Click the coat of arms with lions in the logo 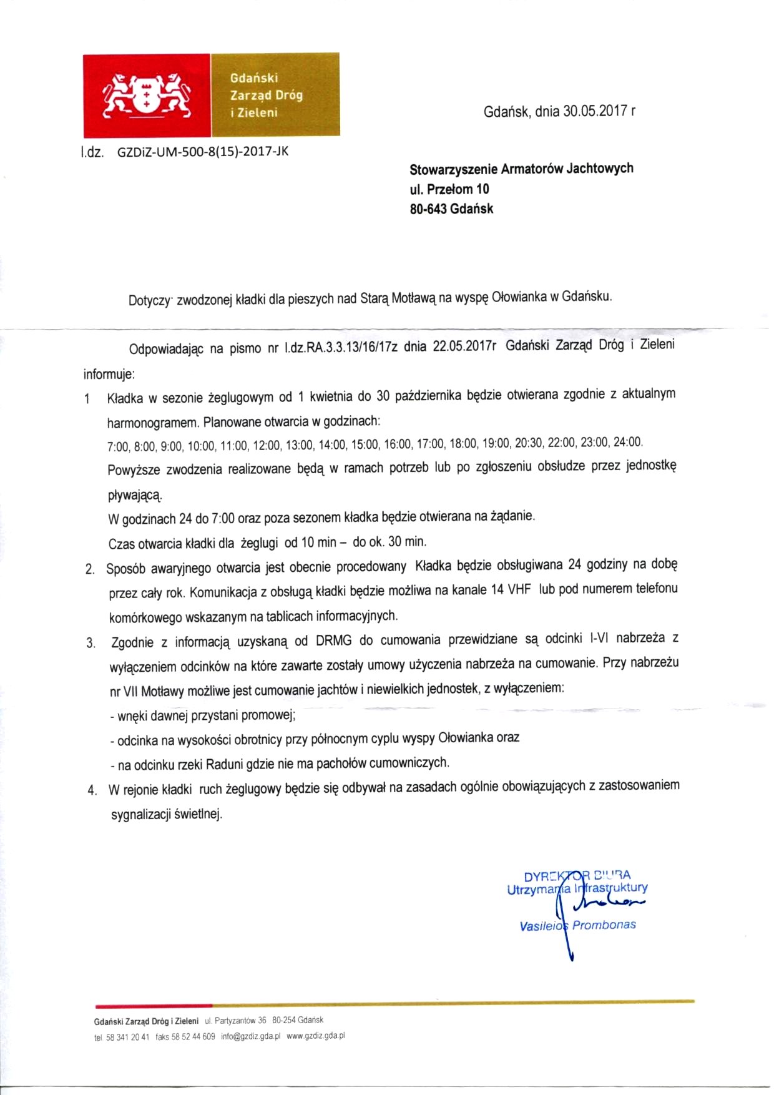(x=147, y=94)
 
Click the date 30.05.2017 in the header (x=595, y=111)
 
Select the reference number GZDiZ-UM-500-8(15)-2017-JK (x=203, y=151)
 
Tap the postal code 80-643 (x=428, y=209)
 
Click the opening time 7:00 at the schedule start (x=118, y=447)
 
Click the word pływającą (x=135, y=496)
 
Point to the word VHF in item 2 (x=519, y=589)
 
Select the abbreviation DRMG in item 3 (x=334, y=641)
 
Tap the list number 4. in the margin (x=92, y=790)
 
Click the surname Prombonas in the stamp (x=604, y=925)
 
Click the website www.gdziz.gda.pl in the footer (x=316, y=1036)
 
